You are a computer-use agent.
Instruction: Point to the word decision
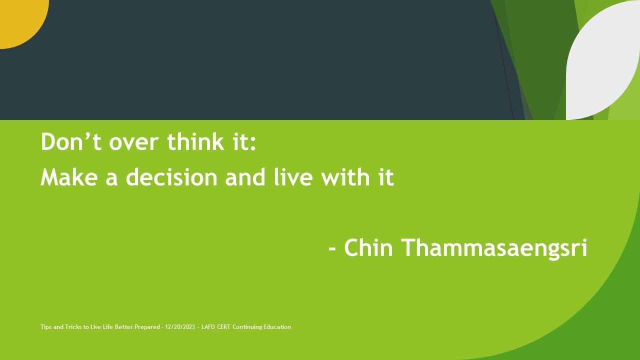(x=172, y=177)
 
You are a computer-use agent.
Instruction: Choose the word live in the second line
(x=293, y=177)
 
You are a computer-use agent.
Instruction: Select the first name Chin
(x=368, y=247)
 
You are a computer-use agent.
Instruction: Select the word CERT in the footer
(x=223, y=327)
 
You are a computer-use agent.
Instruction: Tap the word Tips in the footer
(x=46, y=327)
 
